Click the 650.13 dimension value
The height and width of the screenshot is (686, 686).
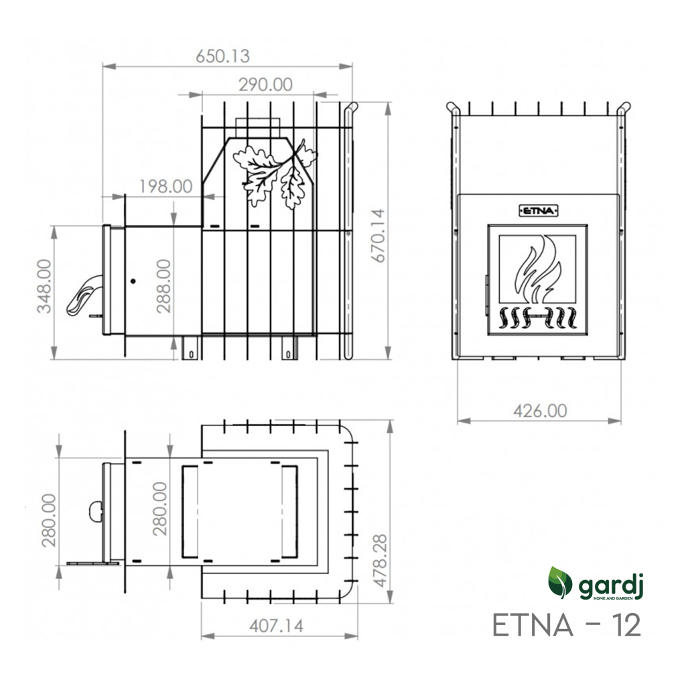coord(222,56)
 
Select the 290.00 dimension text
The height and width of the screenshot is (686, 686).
coord(265,84)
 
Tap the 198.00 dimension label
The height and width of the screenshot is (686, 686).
coord(166,186)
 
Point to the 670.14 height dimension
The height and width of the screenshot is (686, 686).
coord(378,235)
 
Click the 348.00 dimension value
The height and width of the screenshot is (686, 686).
coord(44,286)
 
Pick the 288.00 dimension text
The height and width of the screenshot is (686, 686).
coord(163,286)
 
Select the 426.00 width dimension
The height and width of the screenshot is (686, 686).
coord(540,411)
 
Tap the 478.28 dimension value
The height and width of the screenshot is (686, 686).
coord(380,561)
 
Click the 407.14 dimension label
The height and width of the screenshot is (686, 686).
coord(276,626)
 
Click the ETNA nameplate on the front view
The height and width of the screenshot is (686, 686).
coord(539,211)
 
